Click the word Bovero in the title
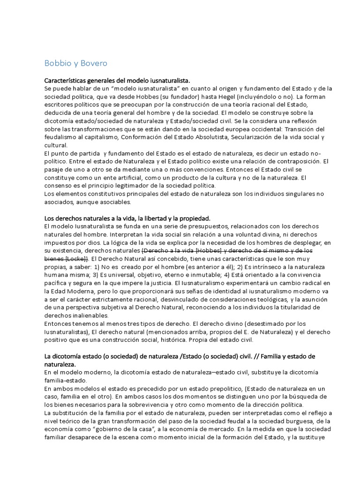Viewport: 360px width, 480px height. (96, 62)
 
